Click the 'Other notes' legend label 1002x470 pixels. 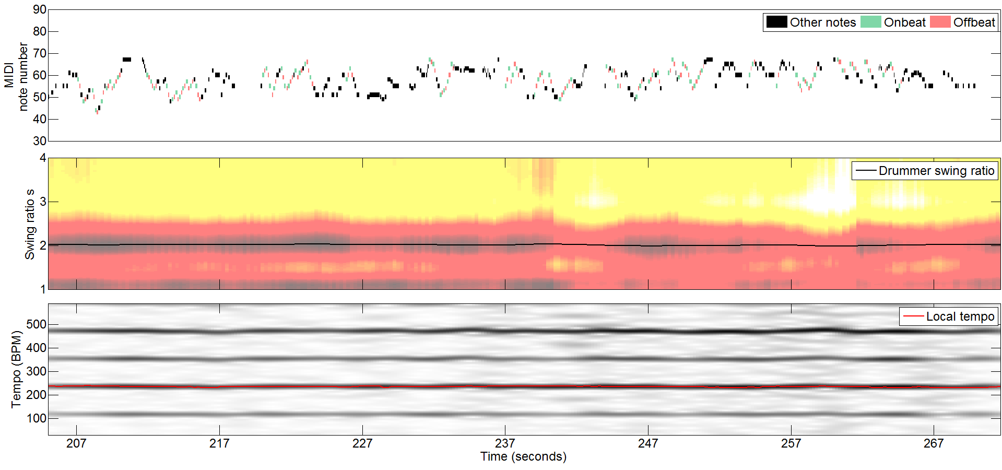tap(822, 22)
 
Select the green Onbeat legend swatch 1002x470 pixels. tap(870, 22)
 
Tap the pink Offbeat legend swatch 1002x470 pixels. tap(940, 22)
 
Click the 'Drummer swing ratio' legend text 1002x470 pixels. tap(936, 171)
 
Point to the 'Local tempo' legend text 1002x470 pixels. tap(960, 316)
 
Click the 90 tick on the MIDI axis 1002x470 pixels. tap(40, 10)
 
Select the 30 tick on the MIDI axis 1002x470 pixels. tap(40, 141)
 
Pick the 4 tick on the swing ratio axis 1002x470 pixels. tap(43, 158)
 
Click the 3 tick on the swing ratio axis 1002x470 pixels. tap(43, 202)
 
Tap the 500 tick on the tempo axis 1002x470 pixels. tap(36, 324)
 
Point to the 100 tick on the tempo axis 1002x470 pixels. tap(36, 418)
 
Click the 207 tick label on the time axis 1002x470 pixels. tap(76, 443)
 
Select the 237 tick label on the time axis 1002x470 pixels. tap(505, 443)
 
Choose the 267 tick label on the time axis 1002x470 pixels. tap(934, 443)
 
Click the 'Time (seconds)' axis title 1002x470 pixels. tap(523, 457)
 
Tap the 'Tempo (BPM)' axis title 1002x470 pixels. tap(16, 369)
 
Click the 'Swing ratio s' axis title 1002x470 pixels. tap(29, 224)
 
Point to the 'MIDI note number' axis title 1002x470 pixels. tap(16, 76)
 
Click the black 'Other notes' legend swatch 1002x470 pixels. tap(776, 22)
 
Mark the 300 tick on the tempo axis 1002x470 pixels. tap(36, 371)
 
